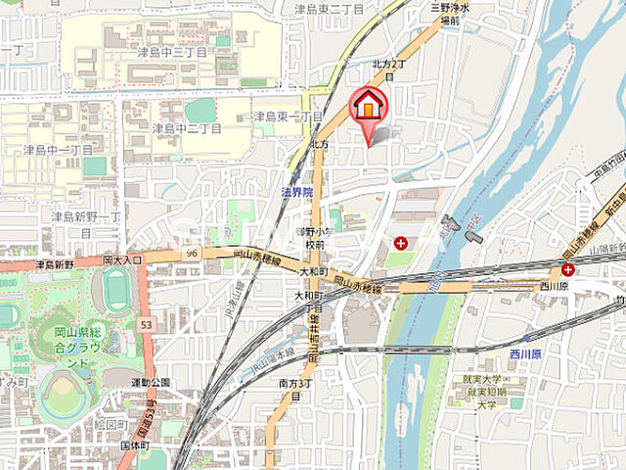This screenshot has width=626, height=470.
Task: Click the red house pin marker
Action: (368, 106)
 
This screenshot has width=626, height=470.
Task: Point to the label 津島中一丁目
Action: (58, 150)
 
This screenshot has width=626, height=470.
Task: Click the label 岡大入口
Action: (122, 260)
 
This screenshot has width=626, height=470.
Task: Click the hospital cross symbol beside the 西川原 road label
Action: (567, 269)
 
